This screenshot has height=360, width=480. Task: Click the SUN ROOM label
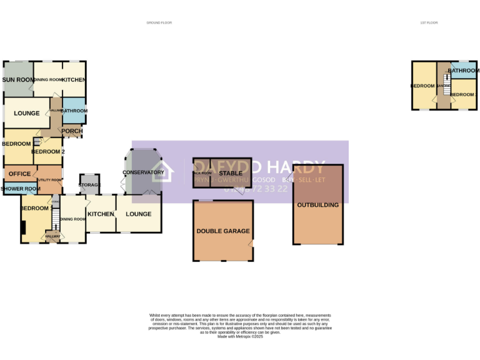pyautogui.click(x=18, y=80)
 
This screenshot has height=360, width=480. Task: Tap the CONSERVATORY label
pyautogui.click(x=143, y=172)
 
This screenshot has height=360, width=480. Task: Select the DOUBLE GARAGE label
pyautogui.click(x=222, y=231)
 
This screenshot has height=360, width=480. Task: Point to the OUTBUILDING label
pyautogui.click(x=317, y=205)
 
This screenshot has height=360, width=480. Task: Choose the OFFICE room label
pyautogui.click(x=19, y=174)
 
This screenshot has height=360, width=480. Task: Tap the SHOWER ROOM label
pyautogui.click(x=20, y=189)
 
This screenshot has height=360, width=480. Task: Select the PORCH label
pyautogui.click(x=72, y=131)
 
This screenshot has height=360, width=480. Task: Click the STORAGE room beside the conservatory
pyautogui.click(x=90, y=184)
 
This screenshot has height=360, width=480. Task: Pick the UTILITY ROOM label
pyautogui.click(x=49, y=180)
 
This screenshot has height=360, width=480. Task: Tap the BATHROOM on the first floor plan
pyautogui.click(x=463, y=71)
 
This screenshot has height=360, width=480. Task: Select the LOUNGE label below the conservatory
pyautogui.click(x=138, y=214)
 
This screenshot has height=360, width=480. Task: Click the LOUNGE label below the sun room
pyautogui.click(x=26, y=114)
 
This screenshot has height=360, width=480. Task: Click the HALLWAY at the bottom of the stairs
pyautogui.click(x=52, y=236)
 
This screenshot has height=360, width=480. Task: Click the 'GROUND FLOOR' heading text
pyautogui.click(x=159, y=22)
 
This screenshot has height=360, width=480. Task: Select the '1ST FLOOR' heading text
pyautogui.click(x=429, y=22)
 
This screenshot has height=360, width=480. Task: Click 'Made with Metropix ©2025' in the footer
pyautogui.click(x=240, y=337)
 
